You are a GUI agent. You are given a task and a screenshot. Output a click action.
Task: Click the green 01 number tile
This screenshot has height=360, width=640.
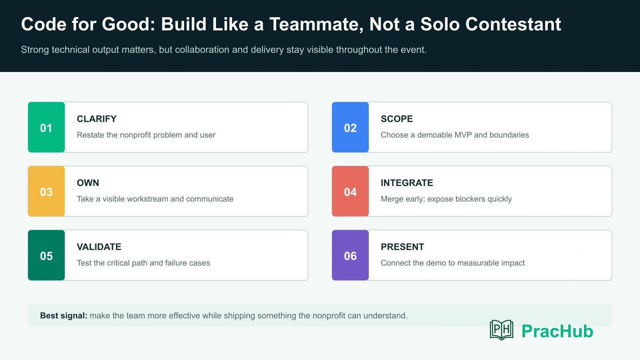pos(46,127)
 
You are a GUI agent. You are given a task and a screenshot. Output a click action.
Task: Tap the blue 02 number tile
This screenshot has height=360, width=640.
pos(350,127)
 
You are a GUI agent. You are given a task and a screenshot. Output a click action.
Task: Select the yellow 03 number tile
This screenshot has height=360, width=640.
pos(46,191)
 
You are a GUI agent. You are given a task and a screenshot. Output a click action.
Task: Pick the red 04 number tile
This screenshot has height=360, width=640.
pos(350,191)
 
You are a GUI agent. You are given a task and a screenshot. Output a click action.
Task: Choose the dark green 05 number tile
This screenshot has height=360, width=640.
pos(46,255)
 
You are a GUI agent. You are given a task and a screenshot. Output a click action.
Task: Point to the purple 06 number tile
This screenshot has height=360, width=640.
pos(350,255)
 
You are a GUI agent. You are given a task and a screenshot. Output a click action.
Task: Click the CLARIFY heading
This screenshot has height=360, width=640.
pos(96,119)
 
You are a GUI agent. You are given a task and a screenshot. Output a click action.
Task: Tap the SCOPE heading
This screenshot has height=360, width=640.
pos(396,119)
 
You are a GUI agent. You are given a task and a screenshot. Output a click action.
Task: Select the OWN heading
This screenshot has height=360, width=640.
pos(88,183)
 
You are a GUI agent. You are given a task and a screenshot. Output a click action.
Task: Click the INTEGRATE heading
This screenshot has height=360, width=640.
pos(407,183)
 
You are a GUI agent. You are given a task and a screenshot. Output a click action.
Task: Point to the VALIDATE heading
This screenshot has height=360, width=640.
pos(99,247)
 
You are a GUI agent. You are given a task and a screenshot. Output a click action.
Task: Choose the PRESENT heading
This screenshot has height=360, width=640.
pos(402,247)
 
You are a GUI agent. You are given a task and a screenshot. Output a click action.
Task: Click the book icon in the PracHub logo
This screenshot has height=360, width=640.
pos(502,330)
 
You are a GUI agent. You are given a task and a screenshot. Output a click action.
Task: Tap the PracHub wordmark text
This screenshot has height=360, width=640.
pos(558,332)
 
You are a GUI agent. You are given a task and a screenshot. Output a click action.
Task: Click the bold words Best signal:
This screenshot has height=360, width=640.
pos(64,316)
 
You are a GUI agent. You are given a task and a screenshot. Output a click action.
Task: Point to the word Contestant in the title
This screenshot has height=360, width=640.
pos(513,24)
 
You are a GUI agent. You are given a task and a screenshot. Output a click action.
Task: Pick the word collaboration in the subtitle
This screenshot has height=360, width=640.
pos(202,50)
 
